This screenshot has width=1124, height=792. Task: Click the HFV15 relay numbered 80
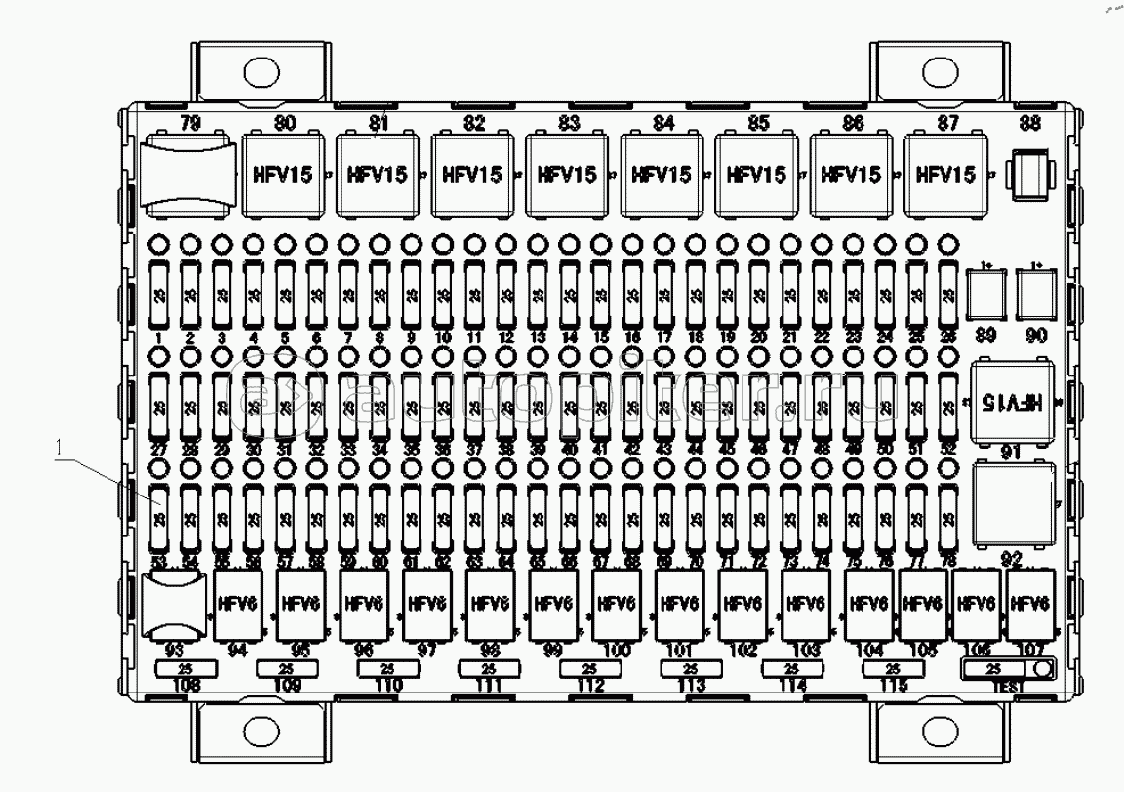tap(281, 176)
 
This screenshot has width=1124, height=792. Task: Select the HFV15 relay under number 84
tap(661, 176)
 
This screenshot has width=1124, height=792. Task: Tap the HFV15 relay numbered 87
tap(944, 176)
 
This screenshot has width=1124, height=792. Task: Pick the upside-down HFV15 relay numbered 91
tap(1014, 401)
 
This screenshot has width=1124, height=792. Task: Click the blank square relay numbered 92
tap(1014, 503)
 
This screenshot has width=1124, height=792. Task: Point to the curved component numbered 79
tap(189, 175)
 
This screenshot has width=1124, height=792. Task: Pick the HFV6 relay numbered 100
tap(617, 606)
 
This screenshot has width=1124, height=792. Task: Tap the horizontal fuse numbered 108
tap(185, 669)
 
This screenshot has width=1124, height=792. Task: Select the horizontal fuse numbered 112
tap(589, 669)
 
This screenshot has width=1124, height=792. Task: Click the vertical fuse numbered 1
tap(159, 295)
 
